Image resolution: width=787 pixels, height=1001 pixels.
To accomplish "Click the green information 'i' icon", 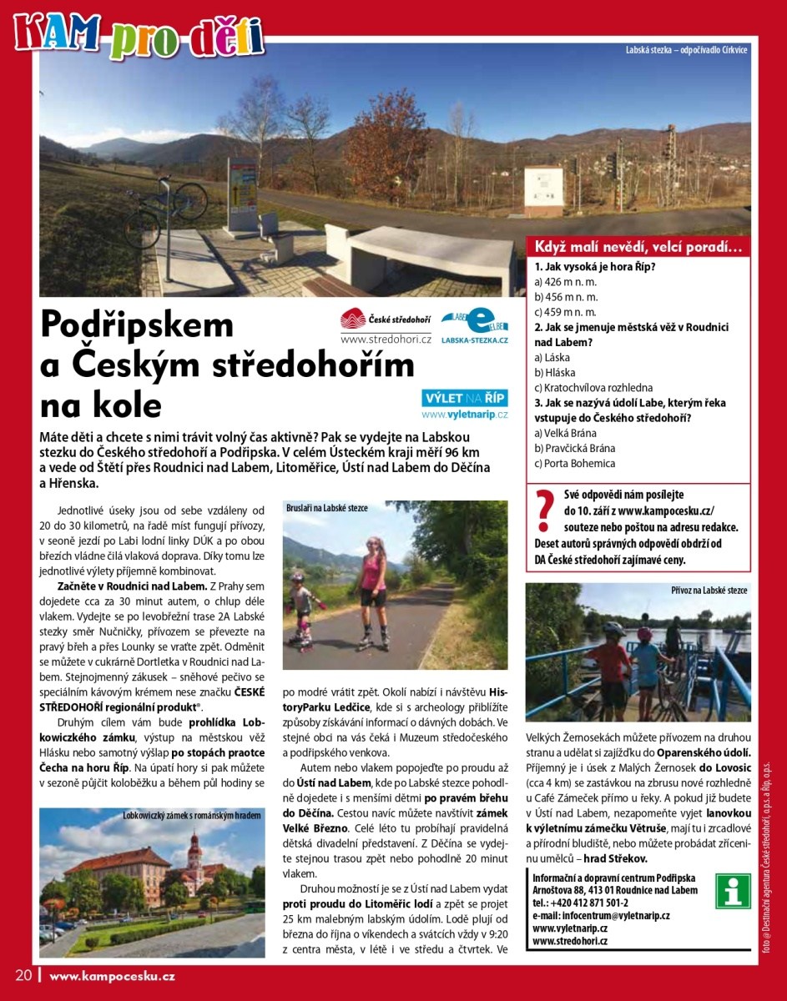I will [x=734, y=891].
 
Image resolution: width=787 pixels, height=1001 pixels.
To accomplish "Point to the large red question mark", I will [x=545, y=512].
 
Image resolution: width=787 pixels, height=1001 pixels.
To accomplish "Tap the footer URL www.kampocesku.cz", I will [x=112, y=975].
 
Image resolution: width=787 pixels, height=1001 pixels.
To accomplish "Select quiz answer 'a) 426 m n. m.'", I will [x=566, y=282].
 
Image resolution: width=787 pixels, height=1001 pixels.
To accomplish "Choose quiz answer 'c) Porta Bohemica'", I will [x=575, y=463].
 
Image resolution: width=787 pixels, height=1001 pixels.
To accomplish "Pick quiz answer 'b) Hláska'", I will [x=555, y=372].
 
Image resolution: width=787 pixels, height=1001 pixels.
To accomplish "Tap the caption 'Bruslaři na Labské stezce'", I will [x=327, y=507].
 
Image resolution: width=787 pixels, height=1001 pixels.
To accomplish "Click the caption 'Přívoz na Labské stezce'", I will [x=709, y=590].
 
